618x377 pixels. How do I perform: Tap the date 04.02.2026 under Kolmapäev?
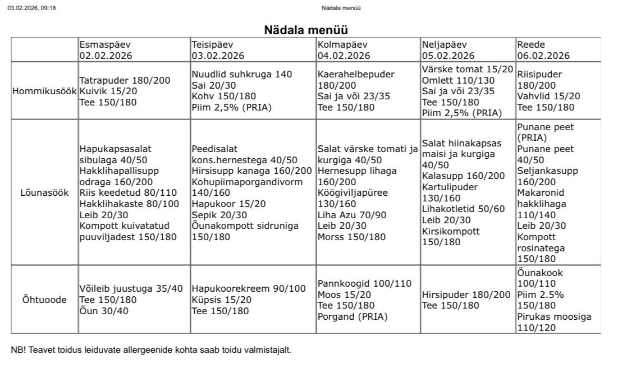pos(344,56)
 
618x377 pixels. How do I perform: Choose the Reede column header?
pos(531,45)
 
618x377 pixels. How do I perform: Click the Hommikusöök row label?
pos(44,91)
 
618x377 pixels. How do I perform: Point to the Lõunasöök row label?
pos(44,192)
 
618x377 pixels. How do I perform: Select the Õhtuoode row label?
pos(44,300)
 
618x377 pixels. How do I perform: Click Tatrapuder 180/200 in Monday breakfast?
pos(124,80)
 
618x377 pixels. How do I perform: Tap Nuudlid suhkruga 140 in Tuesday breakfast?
pos(242,75)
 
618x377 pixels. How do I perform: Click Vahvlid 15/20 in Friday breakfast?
pos(548,96)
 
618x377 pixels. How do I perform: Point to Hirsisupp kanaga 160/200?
pos(251,171)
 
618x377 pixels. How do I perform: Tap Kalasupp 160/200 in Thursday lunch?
pos(463,176)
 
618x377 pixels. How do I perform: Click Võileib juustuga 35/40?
pos(131,289)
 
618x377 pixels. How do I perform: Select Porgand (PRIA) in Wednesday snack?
pos(352,316)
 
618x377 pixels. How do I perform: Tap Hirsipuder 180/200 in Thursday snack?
pos(466,295)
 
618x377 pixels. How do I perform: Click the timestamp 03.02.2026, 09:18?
pos(31,8)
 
